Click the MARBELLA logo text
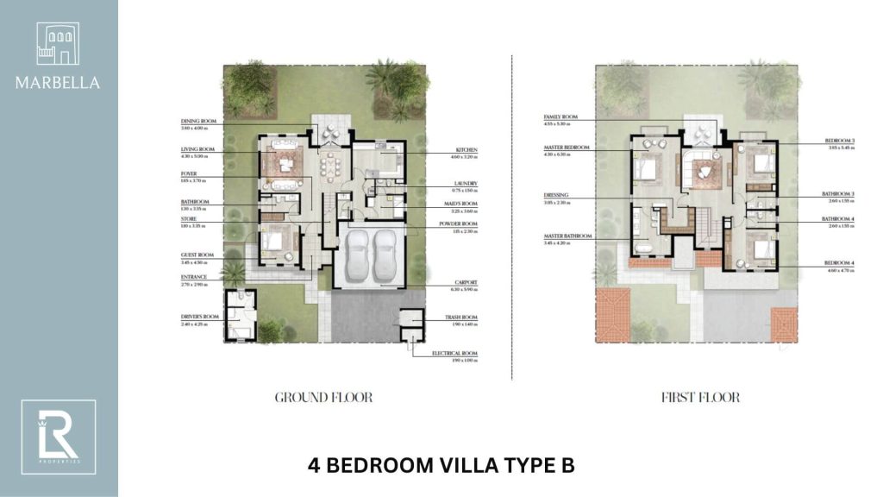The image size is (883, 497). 57,84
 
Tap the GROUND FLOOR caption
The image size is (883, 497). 323,398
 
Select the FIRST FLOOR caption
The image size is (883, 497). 701,398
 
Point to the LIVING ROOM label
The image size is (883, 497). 198,150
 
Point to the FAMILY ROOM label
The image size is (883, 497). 560,116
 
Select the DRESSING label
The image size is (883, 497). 557,195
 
